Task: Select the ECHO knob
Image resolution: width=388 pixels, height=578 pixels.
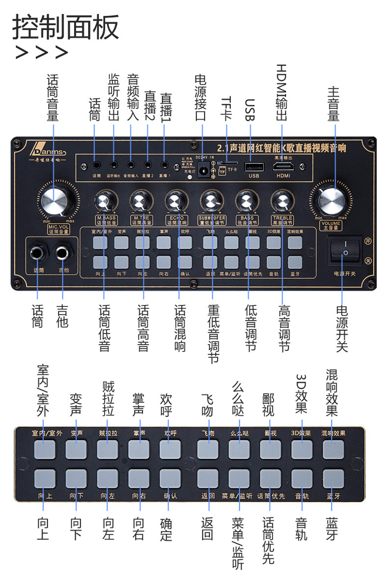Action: click(175, 201)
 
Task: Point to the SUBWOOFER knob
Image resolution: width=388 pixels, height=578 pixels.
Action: click(211, 201)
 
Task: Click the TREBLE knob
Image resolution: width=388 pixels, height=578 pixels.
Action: click(282, 201)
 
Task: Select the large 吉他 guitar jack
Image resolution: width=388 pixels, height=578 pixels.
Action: click(62, 253)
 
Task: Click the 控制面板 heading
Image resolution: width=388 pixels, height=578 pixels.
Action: click(66, 27)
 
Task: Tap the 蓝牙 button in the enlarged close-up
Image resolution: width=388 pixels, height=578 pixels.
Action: click(333, 478)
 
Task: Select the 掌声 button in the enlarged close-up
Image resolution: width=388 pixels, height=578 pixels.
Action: click(139, 449)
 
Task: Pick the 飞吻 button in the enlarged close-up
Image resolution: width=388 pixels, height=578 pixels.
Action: click(208, 449)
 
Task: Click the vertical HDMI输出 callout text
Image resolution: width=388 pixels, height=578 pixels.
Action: click(281, 93)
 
